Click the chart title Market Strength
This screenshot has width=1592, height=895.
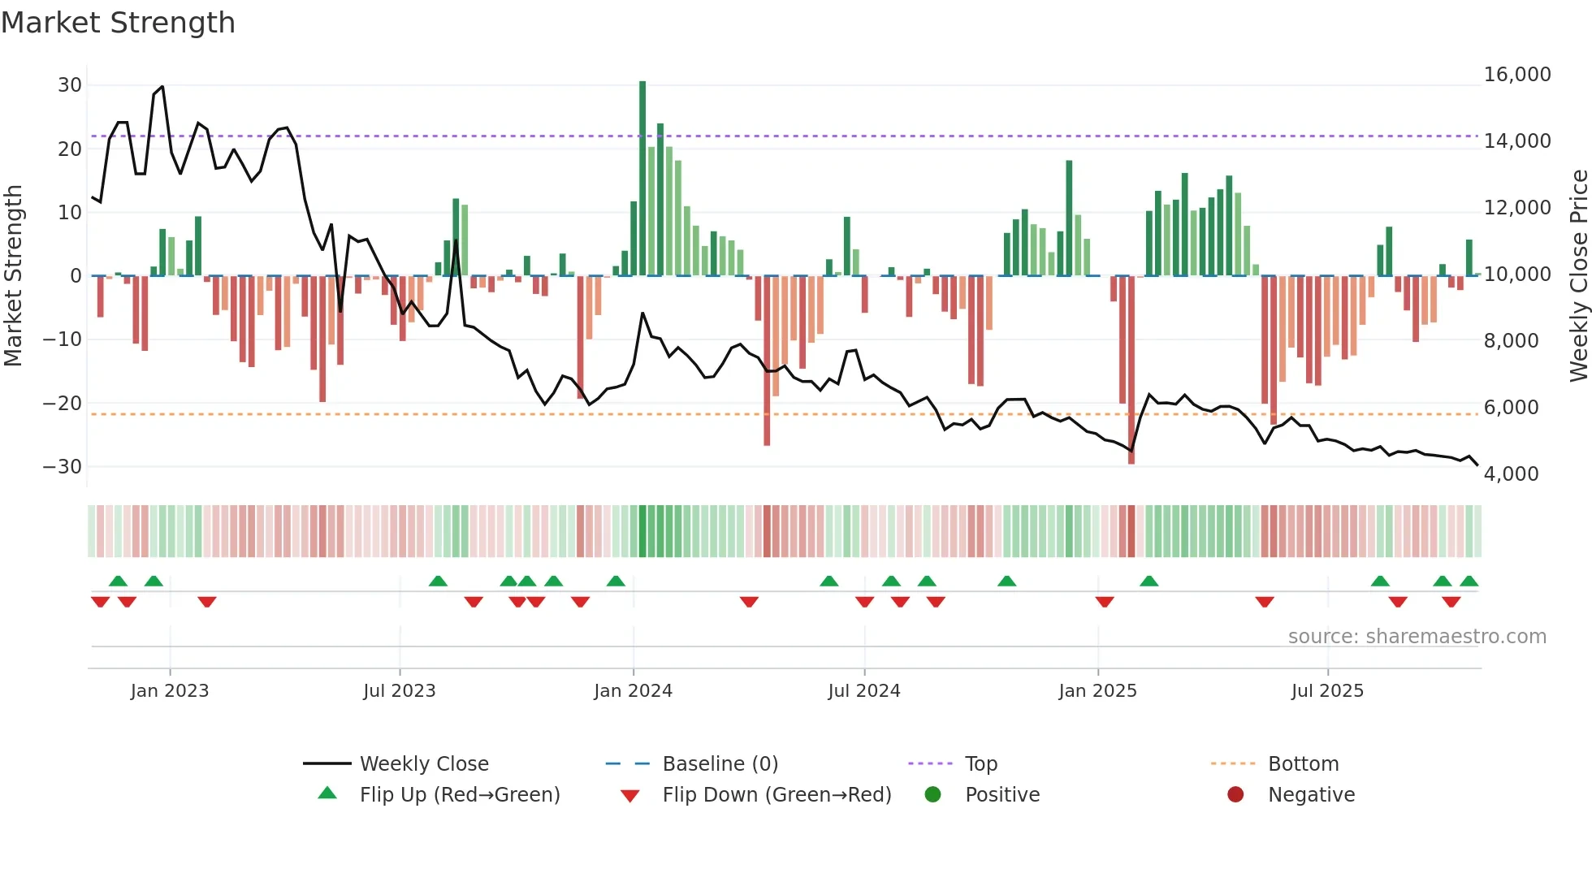[118, 23]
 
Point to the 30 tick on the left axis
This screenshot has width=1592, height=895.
[70, 85]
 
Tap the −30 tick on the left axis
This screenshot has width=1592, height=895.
[63, 467]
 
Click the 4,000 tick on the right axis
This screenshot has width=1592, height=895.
[1511, 474]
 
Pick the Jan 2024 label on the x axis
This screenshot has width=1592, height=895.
[633, 691]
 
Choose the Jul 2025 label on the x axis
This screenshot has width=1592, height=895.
[1327, 691]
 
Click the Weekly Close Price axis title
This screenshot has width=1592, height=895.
[1578, 276]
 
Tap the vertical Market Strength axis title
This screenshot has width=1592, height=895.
[13, 276]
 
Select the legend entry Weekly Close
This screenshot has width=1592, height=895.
[423, 764]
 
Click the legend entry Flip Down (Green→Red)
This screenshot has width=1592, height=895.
[776, 795]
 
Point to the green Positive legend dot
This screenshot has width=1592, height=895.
[932, 795]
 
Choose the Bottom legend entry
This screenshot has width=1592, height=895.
[1303, 764]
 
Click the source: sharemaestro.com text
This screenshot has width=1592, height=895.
[1417, 637]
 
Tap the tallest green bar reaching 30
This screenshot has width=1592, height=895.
[642, 179]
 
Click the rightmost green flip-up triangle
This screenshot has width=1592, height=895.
[1469, 582]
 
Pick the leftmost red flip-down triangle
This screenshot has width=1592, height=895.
[100, 602]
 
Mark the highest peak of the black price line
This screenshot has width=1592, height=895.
[162, 87]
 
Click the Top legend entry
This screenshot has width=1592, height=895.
[980, 764]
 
